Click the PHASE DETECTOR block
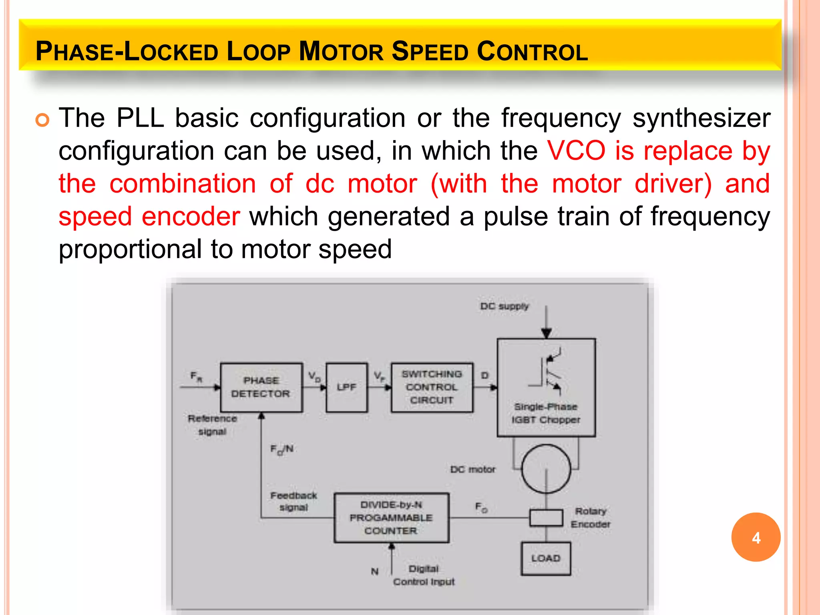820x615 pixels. coord(261,387)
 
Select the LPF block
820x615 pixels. coord(346,387)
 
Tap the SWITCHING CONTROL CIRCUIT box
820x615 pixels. coord(432,387)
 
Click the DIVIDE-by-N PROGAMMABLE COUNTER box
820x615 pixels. coord(391,518)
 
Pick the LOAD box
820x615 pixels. coord(546,558)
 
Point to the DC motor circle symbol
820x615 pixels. coord(546,469)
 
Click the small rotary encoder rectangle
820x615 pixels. coord(546,518)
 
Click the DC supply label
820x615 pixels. coord(504,306)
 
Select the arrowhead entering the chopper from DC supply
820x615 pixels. coord(546,334)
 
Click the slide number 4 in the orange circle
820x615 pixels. coord(756,538)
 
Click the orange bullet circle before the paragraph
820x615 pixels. coord(42,120)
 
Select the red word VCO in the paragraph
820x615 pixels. coord(576,151)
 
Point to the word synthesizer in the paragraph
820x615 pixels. coord(701,119)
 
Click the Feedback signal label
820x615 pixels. coord(293,501)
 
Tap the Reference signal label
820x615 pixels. coord(212,425)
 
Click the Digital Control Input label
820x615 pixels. coord(424,575)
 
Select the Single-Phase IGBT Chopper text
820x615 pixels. coord(546,413)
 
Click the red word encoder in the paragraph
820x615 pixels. coord(191,217)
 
